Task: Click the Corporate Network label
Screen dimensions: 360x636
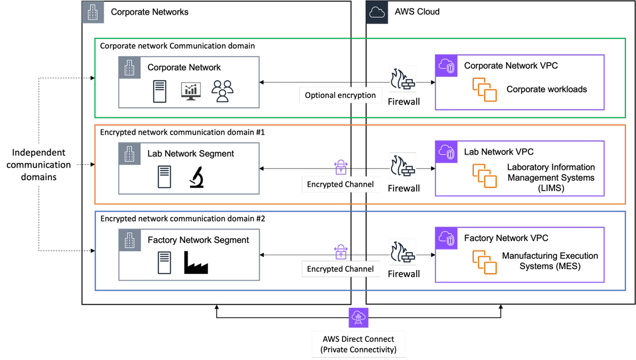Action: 184,68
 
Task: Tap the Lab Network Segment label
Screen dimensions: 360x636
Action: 190,154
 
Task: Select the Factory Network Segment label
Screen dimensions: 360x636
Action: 198,240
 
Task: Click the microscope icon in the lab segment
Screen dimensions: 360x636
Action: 196,177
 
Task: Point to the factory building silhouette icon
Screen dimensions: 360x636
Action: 196,263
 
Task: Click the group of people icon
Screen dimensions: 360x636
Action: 222,91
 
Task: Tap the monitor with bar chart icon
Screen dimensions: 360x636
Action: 191,91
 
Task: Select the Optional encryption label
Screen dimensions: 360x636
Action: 340,95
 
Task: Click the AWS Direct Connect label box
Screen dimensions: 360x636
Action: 358,344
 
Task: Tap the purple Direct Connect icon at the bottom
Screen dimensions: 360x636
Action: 358,318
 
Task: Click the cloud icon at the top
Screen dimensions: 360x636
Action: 377,12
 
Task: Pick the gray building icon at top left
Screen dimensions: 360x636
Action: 93,12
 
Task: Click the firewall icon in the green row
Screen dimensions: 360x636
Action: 403,79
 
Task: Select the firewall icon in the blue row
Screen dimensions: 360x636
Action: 403,252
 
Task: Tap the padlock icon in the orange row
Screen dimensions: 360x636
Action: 341,167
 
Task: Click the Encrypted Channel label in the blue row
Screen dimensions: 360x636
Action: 340,269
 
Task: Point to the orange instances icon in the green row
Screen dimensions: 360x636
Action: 484,90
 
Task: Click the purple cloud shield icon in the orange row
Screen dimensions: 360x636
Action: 446,152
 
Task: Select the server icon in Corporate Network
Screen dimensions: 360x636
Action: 160,91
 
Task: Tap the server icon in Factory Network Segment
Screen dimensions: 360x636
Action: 164,263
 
